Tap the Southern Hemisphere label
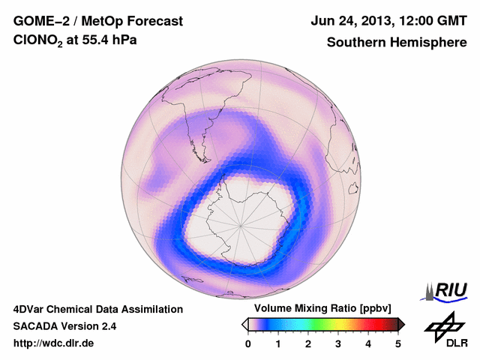(x=397, y=43)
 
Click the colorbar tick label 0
(x=248, y=343)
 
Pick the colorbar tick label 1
(x=278, y=343)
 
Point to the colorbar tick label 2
(x=308, y=343)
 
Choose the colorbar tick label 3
(x=338, y=343)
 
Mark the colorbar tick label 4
(x=368, y=343)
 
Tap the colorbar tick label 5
(x=398, y=343)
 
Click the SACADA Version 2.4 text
(x=64, y=326)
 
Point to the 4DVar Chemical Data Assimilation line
(x=97, y=309)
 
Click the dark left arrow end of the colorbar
(x=244, y=324)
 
